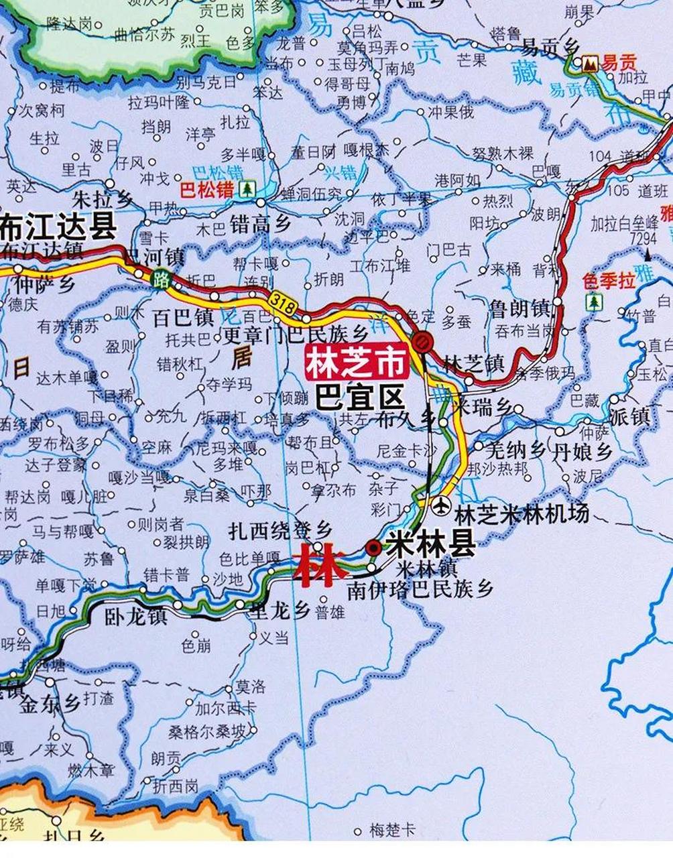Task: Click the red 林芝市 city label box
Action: (x=356, y=363)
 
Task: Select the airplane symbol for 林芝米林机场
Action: (x=442, y=505)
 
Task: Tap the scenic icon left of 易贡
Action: (x=590, y=64)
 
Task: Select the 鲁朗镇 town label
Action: (x=519, y=309)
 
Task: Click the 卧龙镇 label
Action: (x=135, y=615)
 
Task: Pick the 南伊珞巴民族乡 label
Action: (x=420, y=589)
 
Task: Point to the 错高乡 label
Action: (x=260, y=223)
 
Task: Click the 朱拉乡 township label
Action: (x=103, y=199)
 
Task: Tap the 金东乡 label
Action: (x=50, y=704)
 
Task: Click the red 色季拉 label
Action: (x=609, y=280)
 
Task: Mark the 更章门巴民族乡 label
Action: (x=296, y=333)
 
